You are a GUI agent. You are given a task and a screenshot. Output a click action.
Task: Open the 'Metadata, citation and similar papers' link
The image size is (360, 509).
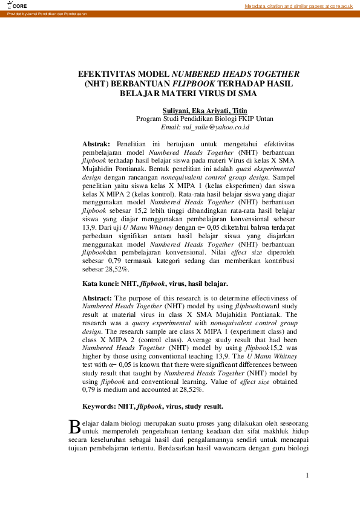298,5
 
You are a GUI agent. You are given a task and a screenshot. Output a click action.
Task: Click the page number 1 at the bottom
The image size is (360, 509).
307,476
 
